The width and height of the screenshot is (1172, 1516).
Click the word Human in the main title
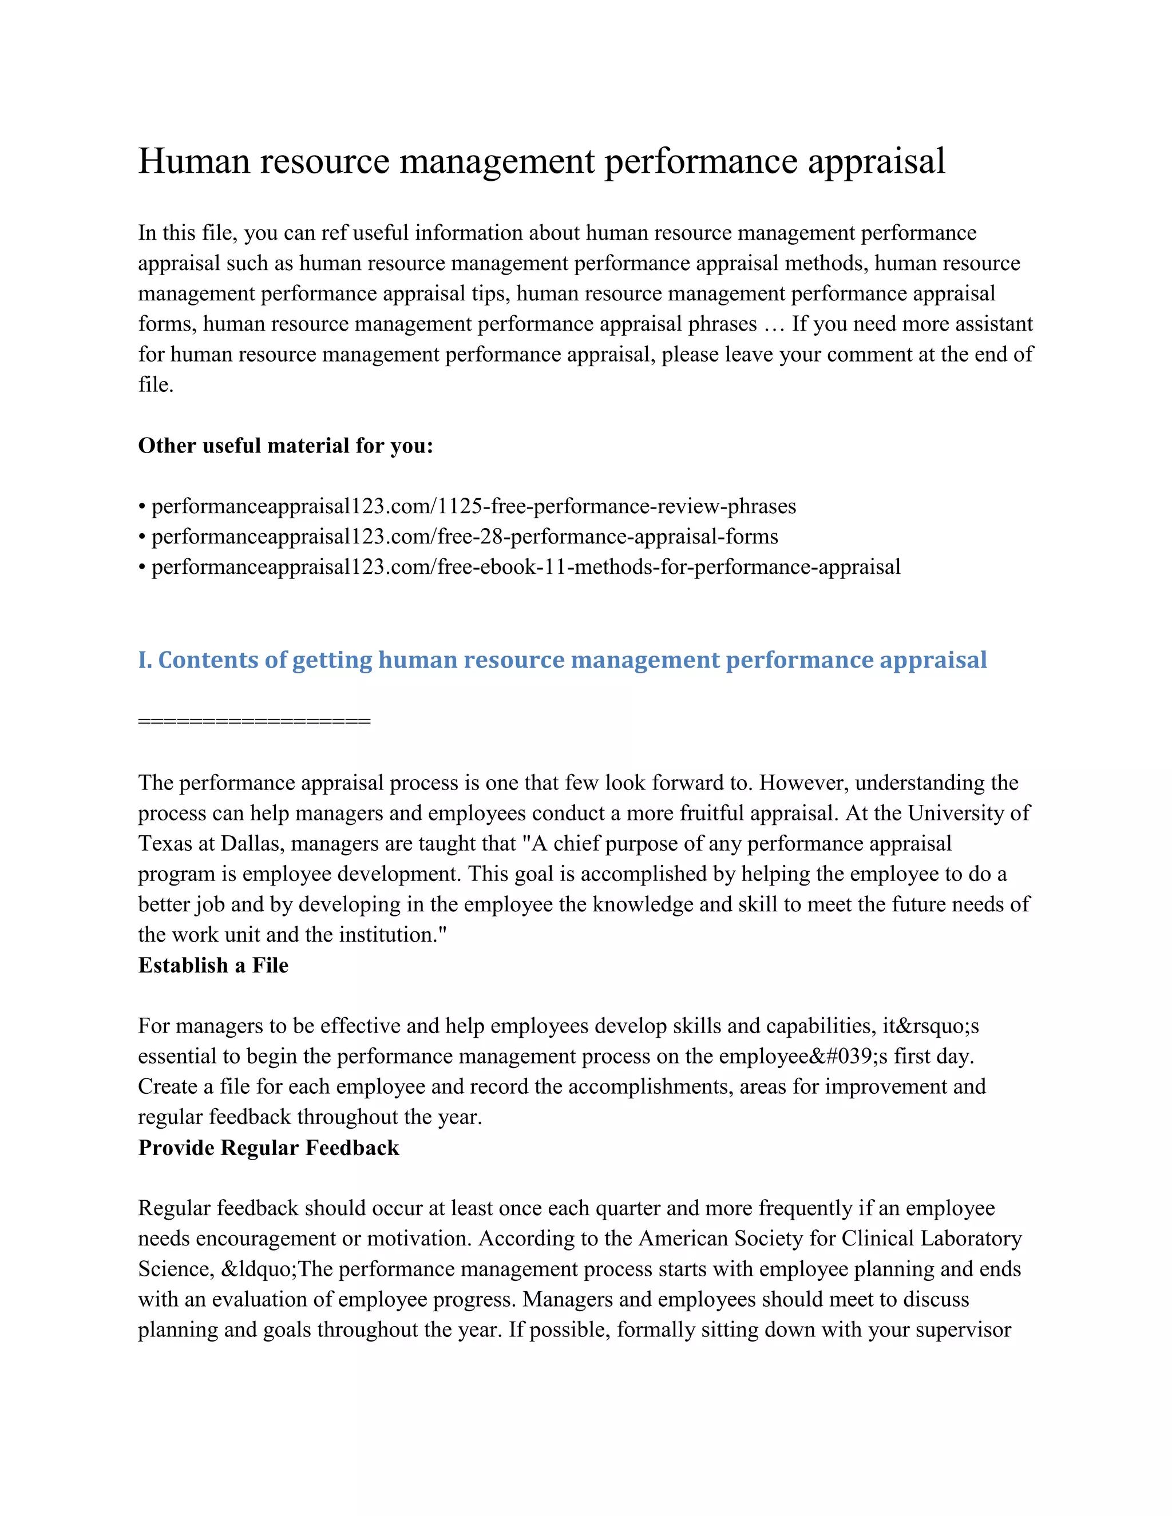pyautogui.click(x=194, y=161)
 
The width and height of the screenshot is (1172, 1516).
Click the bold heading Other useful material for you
pyautogui.click(x=286, y=446)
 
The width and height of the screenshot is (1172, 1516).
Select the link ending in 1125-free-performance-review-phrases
pyautogui.click(x=473, y=507)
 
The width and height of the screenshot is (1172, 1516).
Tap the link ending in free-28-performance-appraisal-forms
pyautogui.click(x=465, y=537)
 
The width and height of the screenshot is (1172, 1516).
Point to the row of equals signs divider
pyautogui.click(x=254, y=721)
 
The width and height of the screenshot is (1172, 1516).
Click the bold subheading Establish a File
pyautogui.click(x=213, y=966)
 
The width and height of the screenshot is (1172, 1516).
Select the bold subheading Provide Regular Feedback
pyautogui.click(x=269, y=1148)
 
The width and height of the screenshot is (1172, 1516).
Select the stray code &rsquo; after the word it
pyautogui.click(x=931, y=1026)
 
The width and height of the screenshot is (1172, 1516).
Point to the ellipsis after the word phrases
pyautogui.click(x=773, y=325)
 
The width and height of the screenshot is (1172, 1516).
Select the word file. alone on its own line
pyautogui.click(x=156, y=385)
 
